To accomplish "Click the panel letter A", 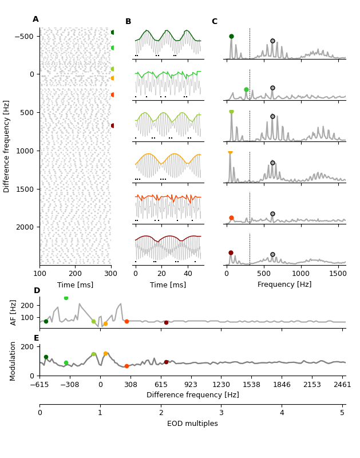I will pyautogui.click(x=35, y=19).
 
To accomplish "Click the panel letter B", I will pyautogui.click(x=128, y=22).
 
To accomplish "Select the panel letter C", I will pyautogui.click(x=215, y=22).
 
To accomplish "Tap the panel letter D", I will pyautogui.click(x=37, y=291).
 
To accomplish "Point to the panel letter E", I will pyautogui.click(x=37, y=338).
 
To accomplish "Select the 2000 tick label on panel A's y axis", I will pyautogui.click(x=25, y=227).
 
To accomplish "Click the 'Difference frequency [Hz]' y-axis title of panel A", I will pyautogui.click(x=7, y=146).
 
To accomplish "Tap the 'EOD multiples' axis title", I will pyautogui.click(x=192, y=424).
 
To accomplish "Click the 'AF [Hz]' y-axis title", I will pyautogui.click(x=14, y=312).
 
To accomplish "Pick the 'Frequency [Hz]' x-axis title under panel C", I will pyautogui.click(x=284, y=285).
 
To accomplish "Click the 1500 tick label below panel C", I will pyautogui.click(x=338, y=274).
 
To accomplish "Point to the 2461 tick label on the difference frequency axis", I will pyautogui.click(x=342, y=385).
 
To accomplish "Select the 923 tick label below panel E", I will pyautogui.click(x=191, y=385).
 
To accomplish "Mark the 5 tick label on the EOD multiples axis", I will pyautogui.click(x=342, y=413).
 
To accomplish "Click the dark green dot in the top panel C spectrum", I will pyautogui.click(x=231, y=36).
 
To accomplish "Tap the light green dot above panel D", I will pyautogui.click(x=66, y=298).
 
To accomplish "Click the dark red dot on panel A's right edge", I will pyautogui.click(x=113, y=125).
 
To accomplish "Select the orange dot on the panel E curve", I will pyautogui.click(x=105, y=354).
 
